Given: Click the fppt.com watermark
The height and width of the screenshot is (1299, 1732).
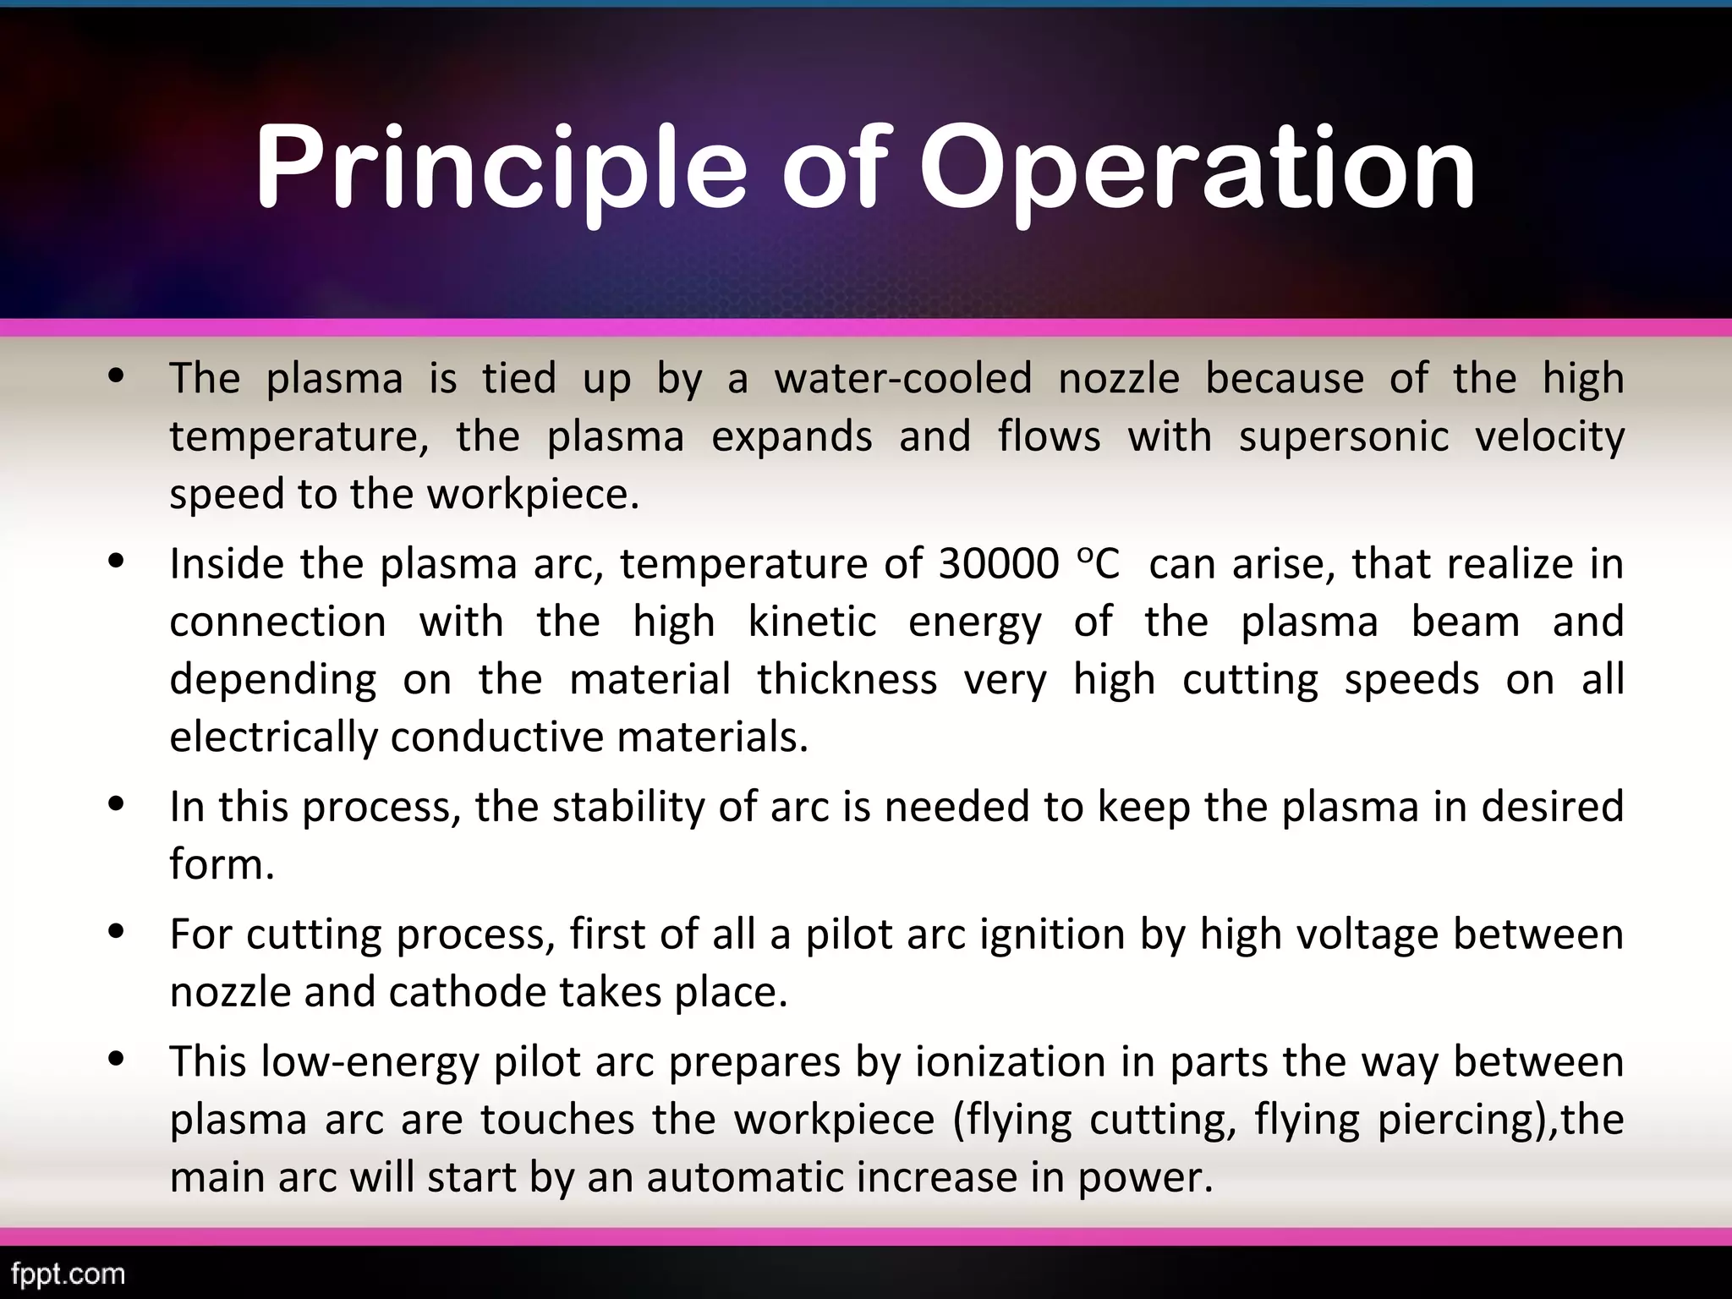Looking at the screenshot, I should pyautogui.click(x=69, y=1273).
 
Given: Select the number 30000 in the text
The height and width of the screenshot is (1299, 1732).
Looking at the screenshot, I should pyautogui.click(x=998, y=564).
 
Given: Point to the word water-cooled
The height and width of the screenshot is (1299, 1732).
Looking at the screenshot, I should pyautogui.click(x=902, y=378).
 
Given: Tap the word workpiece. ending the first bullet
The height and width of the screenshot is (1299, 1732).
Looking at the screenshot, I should pyautogui.click(x=533, y=494).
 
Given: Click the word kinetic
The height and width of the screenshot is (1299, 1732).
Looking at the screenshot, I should pyautogui.click(x=812, y=622).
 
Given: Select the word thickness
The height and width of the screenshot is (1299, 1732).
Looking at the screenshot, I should pyautogui.click(x=847, y=679).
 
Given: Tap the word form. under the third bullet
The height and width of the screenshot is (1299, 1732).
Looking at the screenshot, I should pyautogui.click(x=222, y=864).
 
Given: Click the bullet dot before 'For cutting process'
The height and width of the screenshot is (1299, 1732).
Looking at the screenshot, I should pyautogui.click(x=118, y=932).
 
